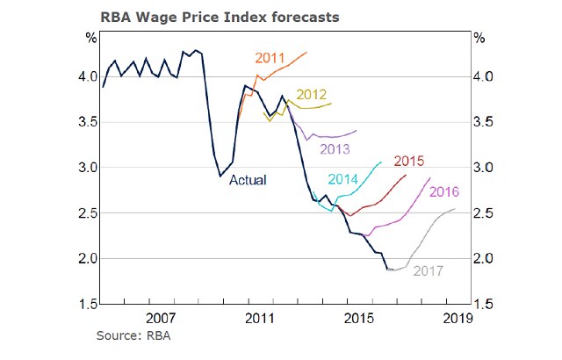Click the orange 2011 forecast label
point(271,58)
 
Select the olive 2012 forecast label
point(312,95)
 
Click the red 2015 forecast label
point(410,161)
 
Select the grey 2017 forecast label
point(429,270)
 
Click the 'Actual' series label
point(248,181)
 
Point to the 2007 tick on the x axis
point(158,317)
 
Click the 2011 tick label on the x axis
point(256,317)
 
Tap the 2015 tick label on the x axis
point(355,317)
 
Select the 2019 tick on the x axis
point(453,317)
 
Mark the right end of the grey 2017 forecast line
point(455,209)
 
